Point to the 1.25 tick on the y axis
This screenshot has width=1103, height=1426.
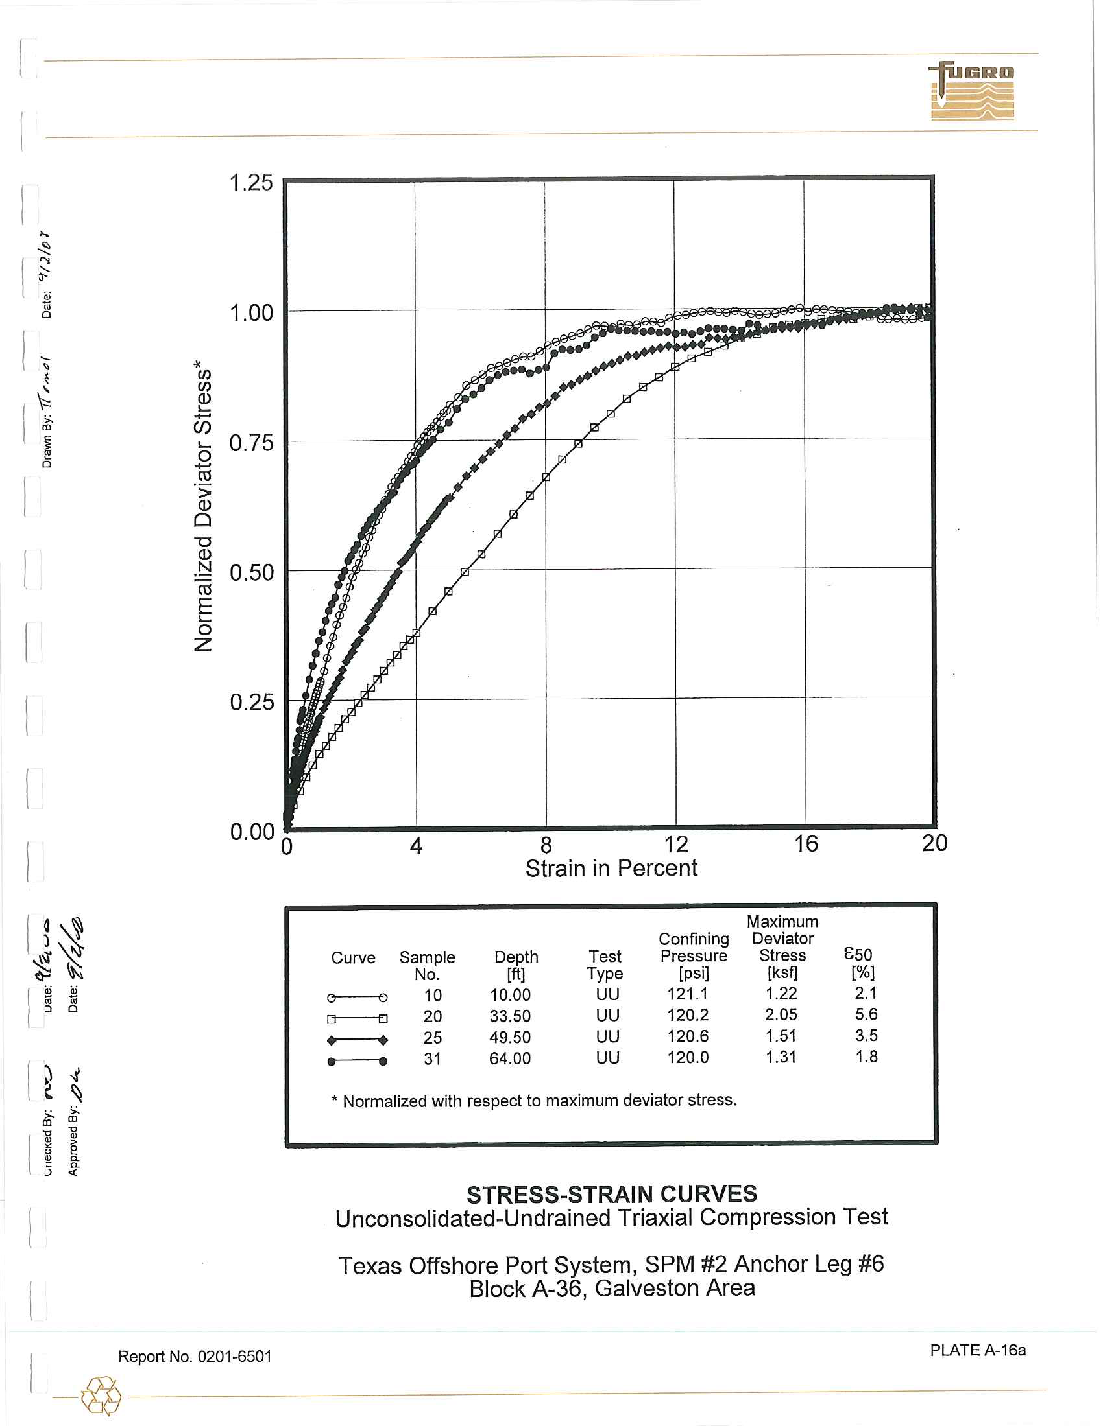coord(251,182)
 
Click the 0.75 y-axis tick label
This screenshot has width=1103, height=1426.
coord(251,443)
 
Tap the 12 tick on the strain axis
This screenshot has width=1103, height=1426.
coord(675,844)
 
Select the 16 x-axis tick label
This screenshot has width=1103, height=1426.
coord(806,844)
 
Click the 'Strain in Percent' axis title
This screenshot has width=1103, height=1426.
coord(611,869)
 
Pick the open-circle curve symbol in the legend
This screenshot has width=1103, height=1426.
coord(358,997)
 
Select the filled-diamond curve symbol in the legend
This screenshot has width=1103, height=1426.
coord(358,1040)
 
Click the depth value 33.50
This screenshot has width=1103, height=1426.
coord(510,1016)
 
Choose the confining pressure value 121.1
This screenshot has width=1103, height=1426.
coord(687,994)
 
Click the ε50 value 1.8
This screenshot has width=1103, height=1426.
coord(866,1057)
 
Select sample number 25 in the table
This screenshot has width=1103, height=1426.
coord(433,1038)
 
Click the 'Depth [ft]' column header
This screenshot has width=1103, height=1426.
coord(516,965)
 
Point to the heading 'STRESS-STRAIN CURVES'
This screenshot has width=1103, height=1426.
coord(612,1194)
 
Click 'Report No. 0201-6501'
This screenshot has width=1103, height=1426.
coord(195,1356)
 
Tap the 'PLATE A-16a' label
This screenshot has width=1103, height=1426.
coord(978,1350)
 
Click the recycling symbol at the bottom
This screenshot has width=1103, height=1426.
coord(101,1396)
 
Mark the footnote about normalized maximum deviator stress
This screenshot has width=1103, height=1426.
coord(534,1101)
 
